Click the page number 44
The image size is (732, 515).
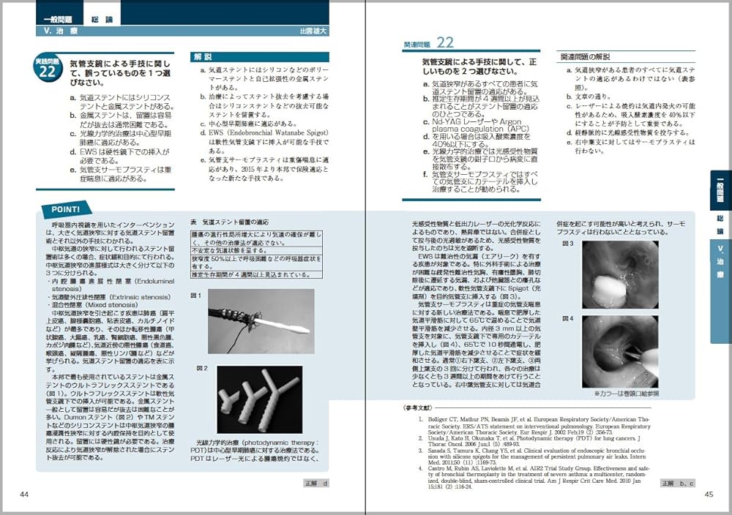click(24, 495)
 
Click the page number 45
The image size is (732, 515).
click(708, 495)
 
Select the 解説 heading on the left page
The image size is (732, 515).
click(203, 56)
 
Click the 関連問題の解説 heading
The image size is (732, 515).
click(588, 56)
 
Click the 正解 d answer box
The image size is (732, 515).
click(316, 484)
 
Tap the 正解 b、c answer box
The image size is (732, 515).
click(677, 484)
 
